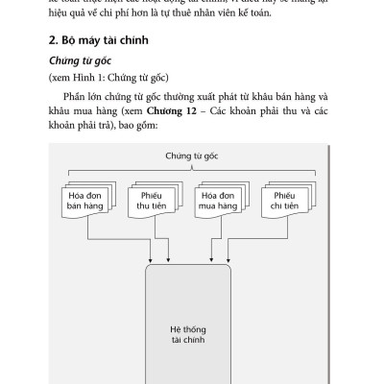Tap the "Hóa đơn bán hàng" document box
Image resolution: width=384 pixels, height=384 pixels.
[84, 204]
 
